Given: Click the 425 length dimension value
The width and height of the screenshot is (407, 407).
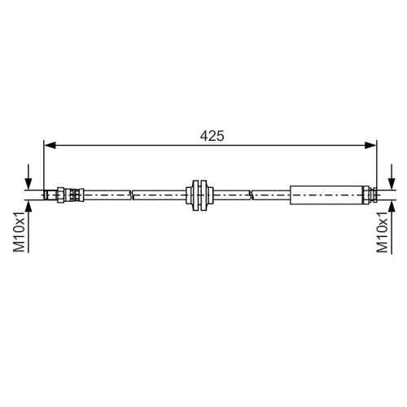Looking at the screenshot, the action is [x=212, y=136].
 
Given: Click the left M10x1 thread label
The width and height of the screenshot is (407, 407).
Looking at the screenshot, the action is [x=19, y=232].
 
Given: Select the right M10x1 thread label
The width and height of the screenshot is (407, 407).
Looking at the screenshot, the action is [x=383, y=232].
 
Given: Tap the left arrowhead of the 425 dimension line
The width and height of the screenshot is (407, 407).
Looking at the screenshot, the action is [x=50, y=146].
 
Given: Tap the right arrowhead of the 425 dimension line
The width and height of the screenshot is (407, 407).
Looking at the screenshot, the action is [x=370, y=146].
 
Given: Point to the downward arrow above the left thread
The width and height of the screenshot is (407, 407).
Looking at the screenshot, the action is [x=28, y=177].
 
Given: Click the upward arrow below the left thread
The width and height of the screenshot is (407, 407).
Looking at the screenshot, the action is [x=28, y=226].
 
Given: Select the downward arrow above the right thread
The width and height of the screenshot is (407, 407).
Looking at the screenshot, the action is [x=392, y=177].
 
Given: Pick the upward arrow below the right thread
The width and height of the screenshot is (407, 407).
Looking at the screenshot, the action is [x=392, y=227].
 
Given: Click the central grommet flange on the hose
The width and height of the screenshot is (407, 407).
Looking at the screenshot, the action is [x=199, y=195].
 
